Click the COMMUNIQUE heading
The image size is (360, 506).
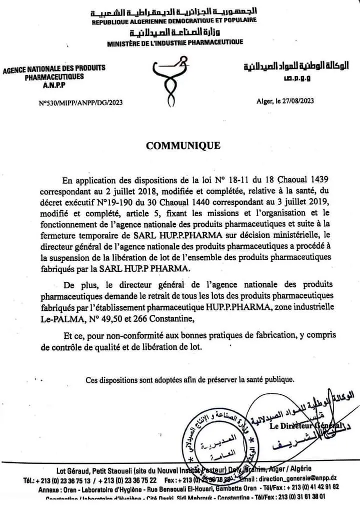[x=182, y=146]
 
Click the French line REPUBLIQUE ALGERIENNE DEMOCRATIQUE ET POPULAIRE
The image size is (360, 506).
[x=174, y=20]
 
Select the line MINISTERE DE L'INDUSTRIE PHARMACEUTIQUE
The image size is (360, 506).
[x=175, y=43]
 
